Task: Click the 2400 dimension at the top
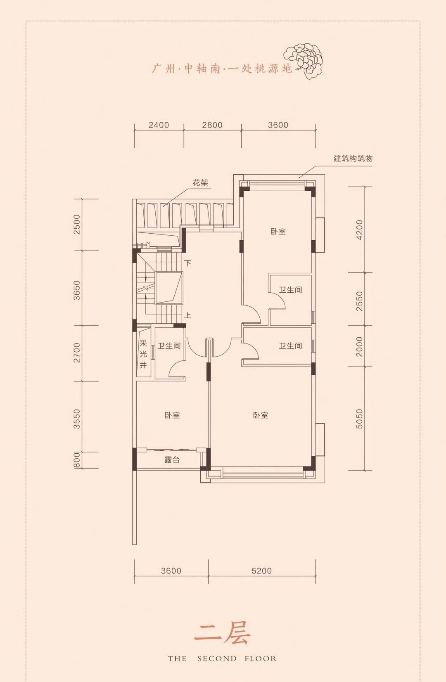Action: click(159, 125)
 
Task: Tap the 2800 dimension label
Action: click(212, 125)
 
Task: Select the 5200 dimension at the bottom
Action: click(261, 571)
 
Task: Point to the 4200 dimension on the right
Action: click(359, 230)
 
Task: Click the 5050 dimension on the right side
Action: click(359, 419)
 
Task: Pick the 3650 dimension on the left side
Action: click(77, 290)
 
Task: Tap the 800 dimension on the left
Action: click(77, 460)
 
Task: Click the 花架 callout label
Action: click(200, 182)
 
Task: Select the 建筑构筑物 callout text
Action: click(353, 159)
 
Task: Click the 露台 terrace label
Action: click(172, 460)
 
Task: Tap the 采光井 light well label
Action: click(143, 354)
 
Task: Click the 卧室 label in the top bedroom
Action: click(278, 232)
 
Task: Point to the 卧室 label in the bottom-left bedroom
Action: click(172, 415)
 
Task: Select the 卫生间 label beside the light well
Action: click(169, 346)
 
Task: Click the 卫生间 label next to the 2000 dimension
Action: click(290, 346)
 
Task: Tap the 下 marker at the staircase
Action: click(187, 263)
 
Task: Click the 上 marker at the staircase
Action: click(187, 315)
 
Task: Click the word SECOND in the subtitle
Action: click(217, 658)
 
